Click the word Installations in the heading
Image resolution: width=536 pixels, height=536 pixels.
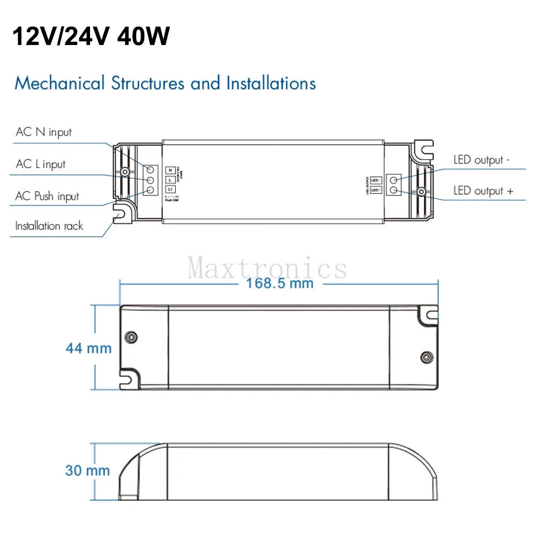(271, 84)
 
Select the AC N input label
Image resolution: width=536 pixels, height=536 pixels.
(43, 132)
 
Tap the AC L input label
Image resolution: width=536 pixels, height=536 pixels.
(41, 164)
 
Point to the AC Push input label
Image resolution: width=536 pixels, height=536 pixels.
(47, 196)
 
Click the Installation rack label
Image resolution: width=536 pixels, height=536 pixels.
(49, 226)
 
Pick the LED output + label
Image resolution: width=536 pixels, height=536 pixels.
(483, 191)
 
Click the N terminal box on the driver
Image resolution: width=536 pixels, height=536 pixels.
(170, 169)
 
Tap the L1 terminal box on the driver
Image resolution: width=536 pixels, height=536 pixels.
(170, 189)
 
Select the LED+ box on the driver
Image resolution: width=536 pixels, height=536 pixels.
(375, 190)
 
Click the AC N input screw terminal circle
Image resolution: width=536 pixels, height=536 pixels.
(150, 169)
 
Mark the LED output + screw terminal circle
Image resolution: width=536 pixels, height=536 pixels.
(394, 190)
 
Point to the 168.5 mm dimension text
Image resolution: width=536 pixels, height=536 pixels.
(279, 283)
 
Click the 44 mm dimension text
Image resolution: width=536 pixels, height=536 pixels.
(88, 348)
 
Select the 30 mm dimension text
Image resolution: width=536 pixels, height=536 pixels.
(87, 471)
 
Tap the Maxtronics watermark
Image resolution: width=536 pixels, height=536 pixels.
(267, 267)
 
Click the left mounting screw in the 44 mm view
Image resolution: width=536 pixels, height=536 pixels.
(130, 337)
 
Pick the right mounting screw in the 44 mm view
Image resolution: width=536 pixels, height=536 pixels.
(427, 356)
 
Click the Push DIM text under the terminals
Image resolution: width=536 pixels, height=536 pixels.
(172, 201)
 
